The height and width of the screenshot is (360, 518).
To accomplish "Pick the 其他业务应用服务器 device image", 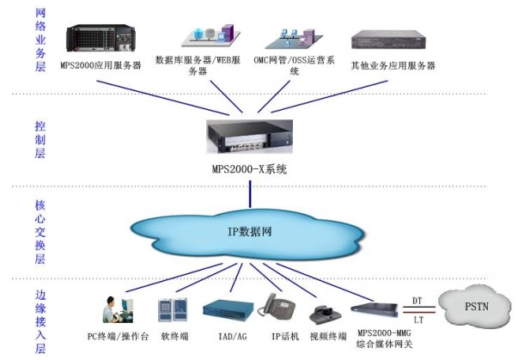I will tap(392, 42).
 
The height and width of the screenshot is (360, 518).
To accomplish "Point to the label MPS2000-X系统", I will tap(249, 169).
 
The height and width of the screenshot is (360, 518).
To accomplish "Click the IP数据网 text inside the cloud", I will tap(251, 232).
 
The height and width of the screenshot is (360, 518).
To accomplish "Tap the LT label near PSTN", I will tap(418, 320).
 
